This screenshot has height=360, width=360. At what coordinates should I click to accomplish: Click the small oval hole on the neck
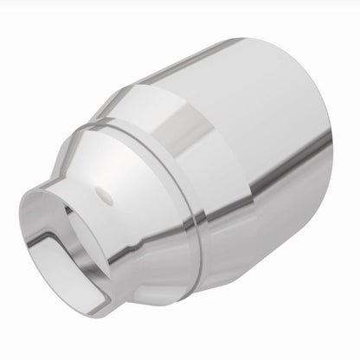point(103,191)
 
